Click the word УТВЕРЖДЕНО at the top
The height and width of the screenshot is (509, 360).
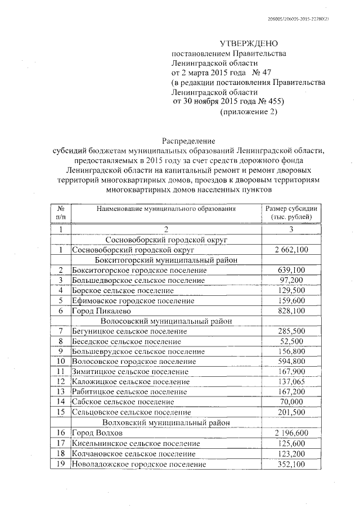tap(248, 44)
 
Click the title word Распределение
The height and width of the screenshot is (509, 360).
tap(188, 140)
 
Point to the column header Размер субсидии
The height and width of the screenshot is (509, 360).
tap(291, 208)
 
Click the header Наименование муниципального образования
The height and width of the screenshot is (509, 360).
tap(165, 208)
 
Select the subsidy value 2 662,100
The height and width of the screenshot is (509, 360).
tap(291, 250)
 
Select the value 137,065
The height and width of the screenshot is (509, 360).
tap(292, 382)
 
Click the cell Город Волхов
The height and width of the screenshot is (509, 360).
tap(97, 434)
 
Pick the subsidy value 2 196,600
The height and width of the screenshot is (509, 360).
tap(291, 434)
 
